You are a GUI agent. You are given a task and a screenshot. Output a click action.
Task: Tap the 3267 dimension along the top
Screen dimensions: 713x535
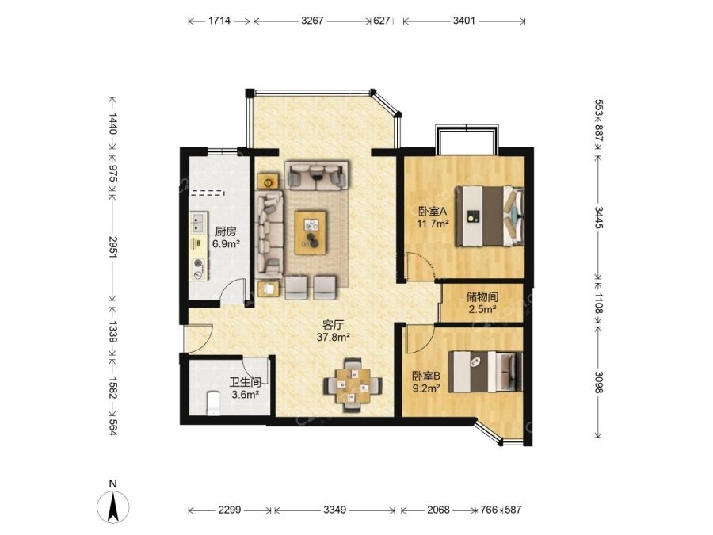[x=312, y=21]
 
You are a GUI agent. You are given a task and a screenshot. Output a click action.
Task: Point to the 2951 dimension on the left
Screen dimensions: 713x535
[x=112, y=246]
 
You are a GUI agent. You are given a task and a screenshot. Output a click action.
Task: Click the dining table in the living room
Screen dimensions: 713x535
[x=353, y=386]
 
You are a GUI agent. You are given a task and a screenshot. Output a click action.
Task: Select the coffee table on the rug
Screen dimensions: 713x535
[x=311, y=232]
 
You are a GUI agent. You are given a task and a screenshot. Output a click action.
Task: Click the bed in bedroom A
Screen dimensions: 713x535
[x=490, y=216]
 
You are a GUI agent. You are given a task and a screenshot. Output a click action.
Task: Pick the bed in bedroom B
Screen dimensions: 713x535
[x=485, y=371]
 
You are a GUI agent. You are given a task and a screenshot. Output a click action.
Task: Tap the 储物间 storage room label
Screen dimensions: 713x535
[x=482, y=297]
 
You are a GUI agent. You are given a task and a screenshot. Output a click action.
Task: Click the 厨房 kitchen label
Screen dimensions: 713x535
[x=226, y=231]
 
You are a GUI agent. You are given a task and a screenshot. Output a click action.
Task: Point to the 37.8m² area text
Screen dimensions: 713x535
[x=334, y=337]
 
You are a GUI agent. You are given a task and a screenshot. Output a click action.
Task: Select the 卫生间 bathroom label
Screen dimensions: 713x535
[x=245, y=382]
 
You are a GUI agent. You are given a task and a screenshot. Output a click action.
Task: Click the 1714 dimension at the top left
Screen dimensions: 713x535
[x=219, y=21]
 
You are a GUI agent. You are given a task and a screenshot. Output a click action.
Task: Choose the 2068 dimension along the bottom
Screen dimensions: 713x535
[x=438, y=510]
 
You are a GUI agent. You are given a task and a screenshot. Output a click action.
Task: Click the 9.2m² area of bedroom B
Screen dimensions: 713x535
[x=426, y=388]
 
